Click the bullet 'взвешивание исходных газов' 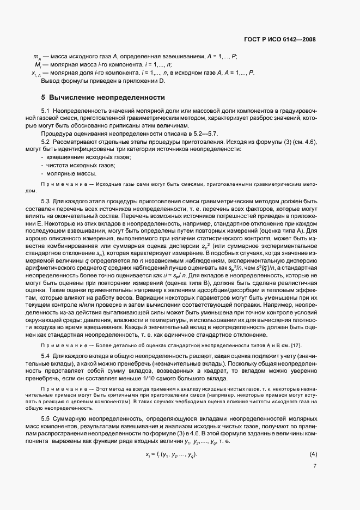pos(84,157)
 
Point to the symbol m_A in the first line pos(37,57)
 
